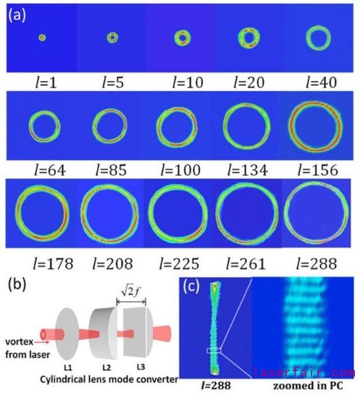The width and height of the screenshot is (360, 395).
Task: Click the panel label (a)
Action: coord(17,15)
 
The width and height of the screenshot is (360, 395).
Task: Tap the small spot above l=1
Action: coord(42,38)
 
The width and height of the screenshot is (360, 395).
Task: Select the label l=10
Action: coord(187,82)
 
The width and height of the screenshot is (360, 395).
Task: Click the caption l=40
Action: coord(321,82)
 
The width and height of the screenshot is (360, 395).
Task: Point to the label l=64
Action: coord(50,170)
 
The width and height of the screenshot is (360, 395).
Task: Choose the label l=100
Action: coord(180,170)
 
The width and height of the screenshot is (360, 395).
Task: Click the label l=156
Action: coord(318,170)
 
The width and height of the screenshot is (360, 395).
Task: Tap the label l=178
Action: coord(53,263)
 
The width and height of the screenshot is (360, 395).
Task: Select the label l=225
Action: coord(179,263)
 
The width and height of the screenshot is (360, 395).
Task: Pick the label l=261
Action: coord(246,263)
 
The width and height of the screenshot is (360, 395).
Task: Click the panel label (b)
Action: coord(17,285)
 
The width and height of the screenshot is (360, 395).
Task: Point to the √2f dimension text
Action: coord(131,292)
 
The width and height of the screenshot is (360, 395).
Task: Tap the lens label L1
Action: coord(67,368)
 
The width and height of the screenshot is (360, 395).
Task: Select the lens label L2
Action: coord(106,368)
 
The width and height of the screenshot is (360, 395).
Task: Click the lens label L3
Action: coord(141,367)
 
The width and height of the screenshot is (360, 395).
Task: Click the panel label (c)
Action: coord(191,286)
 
